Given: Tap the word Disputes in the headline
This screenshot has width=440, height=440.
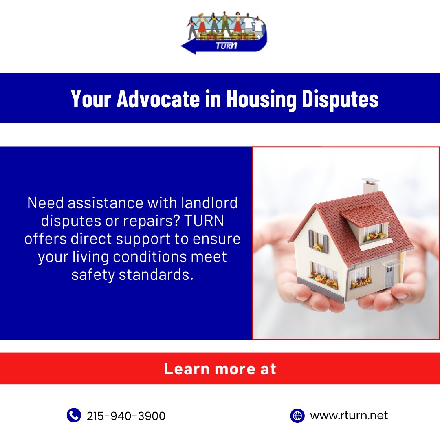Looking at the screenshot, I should tap(340, 99).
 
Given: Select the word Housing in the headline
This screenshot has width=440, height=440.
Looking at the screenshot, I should tap(261, 99).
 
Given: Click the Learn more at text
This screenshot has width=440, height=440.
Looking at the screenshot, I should tap(220, 369).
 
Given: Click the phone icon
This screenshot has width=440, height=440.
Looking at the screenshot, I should tap(74, 416).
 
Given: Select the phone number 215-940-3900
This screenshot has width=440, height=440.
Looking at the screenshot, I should tap(126, 416).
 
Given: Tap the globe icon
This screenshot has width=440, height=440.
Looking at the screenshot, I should tap(297, 416).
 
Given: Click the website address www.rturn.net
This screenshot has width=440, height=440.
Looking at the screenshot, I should tap(349, 416).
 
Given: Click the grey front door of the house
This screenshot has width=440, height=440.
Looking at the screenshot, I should tap(389, 277).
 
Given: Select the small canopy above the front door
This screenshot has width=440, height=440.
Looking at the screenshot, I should tap(392, 263).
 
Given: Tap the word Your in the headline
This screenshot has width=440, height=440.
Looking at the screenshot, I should tap(91, 99).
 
